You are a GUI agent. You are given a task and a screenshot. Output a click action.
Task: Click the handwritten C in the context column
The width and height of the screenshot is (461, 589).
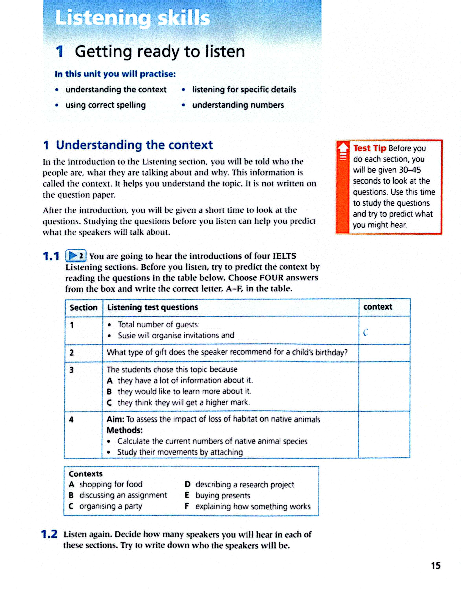[x=366, y=332]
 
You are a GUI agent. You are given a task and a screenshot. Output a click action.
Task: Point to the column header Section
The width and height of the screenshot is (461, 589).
[x=83, y=308]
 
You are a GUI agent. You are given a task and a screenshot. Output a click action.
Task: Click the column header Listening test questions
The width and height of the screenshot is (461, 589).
[x=152, y=307]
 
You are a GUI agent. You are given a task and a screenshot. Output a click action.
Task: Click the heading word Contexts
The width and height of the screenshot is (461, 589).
[x=86, y=474]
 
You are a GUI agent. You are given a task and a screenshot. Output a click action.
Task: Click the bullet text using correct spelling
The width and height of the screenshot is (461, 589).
[x=105, y=105]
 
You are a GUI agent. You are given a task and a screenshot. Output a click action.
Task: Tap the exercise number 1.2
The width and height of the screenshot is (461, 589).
[x=49, y=534]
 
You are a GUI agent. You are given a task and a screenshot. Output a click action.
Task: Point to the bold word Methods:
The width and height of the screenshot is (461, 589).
[x=124, y=430]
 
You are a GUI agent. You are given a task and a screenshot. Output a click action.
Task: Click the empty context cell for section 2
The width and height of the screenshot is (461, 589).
[x=384, y=353]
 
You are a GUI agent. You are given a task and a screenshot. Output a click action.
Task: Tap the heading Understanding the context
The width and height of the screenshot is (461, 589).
[x=134, y=145]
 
